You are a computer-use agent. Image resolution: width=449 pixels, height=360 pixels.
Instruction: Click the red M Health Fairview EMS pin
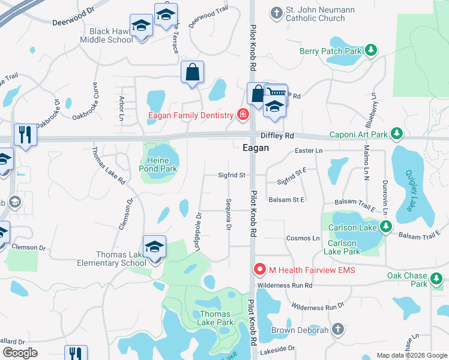[x=259, y=270]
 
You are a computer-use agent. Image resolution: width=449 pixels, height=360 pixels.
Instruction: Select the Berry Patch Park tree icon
[x=371, y=51]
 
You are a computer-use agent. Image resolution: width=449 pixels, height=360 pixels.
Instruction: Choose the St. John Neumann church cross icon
[x=276, y=11]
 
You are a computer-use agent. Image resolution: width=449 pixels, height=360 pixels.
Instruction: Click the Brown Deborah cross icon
[x=338, y=329]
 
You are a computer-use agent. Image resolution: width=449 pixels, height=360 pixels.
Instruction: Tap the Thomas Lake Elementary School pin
[x=154, y=247]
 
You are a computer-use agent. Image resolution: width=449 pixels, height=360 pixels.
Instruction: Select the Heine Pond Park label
[x=158, y=164]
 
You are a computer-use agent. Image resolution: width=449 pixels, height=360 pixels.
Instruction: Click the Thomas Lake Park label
[x=216, y=318]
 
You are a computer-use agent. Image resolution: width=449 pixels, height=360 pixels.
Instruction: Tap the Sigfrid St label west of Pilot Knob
[x=232, y=175]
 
